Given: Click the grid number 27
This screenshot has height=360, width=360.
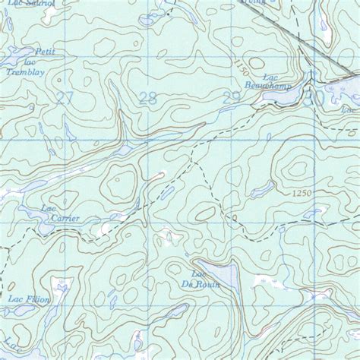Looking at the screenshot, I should [66, 97].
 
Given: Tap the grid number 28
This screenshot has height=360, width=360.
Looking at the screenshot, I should [149, 97].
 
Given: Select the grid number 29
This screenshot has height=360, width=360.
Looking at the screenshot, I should [232, 96].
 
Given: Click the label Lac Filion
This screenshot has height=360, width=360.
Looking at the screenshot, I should [28, 299].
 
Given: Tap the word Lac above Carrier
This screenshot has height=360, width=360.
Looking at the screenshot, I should [49, 209].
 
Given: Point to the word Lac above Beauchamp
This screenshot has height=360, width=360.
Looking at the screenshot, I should [267, 77].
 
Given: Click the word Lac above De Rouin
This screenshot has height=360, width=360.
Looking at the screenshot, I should [199, 273].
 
